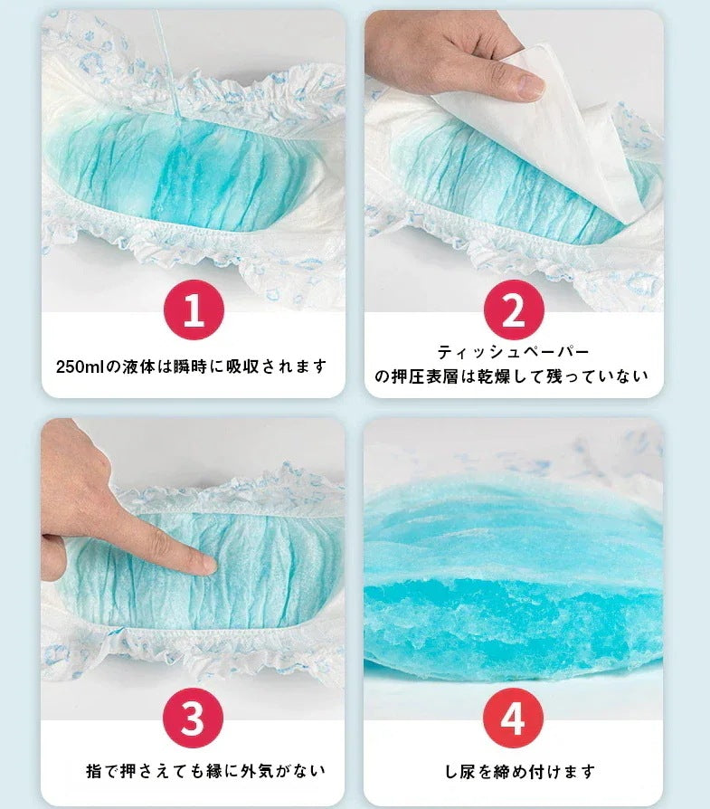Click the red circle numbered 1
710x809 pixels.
[x=194, y=309]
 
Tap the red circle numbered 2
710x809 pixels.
[x=514, y=309]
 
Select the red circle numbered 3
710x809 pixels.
[x=193, y=718]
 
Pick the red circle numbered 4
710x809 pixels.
[x=513, y=718]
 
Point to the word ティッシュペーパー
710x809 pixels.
[x=513, y=352]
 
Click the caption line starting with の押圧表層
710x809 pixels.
[x=511, y=376]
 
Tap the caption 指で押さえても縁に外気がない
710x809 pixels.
[x=205, y=771]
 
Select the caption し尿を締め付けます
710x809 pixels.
[x=520, y=771]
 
